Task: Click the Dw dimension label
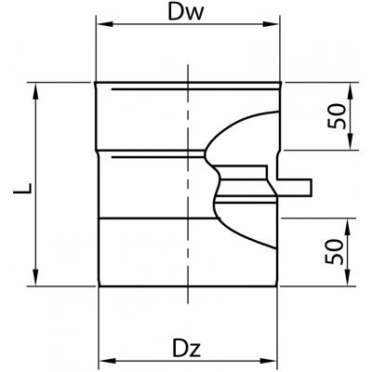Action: (x=186, y=12)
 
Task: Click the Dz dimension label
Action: (x=187, y=348)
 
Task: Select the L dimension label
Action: (x=22, y=189)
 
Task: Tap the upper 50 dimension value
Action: (x=337, y=116)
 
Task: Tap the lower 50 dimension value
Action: (x=335, y=252)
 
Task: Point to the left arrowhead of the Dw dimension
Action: (x=104, y=24)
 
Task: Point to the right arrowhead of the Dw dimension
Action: (x=271, y=24)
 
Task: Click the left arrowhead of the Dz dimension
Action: (x=107, y=361)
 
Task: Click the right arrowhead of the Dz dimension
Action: (x=269, y=361)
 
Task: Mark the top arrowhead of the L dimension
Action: (x=35, y=91)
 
